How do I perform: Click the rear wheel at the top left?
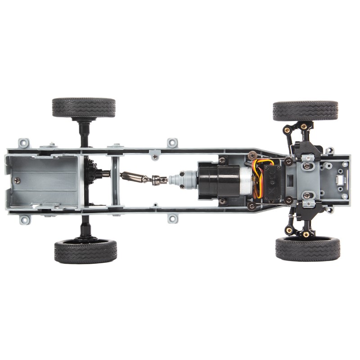point(84,107)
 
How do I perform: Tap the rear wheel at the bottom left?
point(85,251)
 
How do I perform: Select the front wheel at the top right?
point(305,111)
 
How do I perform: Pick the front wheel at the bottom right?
point(308,249)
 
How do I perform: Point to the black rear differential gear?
point(90,173)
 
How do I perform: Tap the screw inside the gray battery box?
point(17,180)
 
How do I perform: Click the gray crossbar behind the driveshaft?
point(115,180)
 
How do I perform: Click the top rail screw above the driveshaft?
point(155,157)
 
